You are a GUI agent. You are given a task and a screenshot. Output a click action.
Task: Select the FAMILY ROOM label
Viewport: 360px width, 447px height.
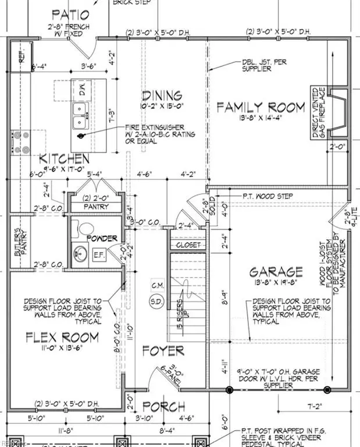pos(261,107)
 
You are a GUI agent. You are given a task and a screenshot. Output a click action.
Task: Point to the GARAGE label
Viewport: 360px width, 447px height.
pos(276,272)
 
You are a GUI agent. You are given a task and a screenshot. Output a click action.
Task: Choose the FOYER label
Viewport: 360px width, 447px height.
pos(163,351)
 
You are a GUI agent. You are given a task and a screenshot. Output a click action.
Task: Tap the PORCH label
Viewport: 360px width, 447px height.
pos(164,406)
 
